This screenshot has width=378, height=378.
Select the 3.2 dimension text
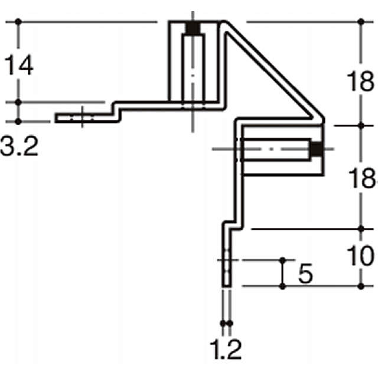pyautogui.click(x=19, y=146)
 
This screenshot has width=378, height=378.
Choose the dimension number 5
pyautogui.click(x=305, y=273)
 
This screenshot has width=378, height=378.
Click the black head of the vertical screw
pyautogui.click(x=192, y=29)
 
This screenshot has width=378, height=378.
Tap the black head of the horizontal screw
pyautogui.click(x=317, y=150)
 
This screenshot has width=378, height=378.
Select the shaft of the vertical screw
pyautogui.click(x=192, y=71)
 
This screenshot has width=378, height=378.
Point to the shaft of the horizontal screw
pyautogui.click(x=275, y=150)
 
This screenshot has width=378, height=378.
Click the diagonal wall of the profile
pyautogui.click(x=272, y=71)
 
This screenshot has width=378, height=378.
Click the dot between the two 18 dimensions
pyautogui.click(x=362, y=125)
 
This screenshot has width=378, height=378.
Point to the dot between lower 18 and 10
pyautogui.click(x=362, y=228)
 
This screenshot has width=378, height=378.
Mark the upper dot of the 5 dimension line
pyautogui.click(x=283, y=260)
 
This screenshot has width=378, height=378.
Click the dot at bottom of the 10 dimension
pyautogui.click(x=362, y=286)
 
